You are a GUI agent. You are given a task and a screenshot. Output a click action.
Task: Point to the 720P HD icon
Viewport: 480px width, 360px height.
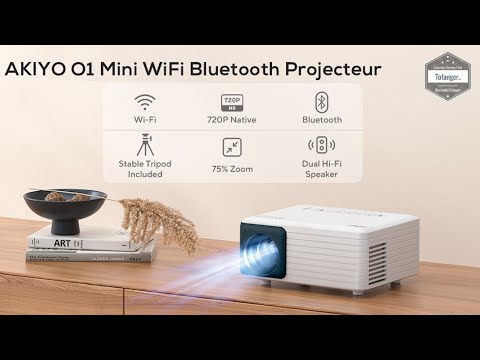pos(232,102)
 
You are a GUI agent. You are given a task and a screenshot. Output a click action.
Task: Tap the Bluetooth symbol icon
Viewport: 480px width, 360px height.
pos(322,102)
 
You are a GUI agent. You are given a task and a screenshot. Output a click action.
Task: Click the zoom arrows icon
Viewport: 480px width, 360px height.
pos(232,147)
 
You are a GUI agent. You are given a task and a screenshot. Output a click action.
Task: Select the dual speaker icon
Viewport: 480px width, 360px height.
pos(322,145)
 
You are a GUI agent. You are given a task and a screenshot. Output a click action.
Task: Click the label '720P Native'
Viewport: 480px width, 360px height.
pos(232,120)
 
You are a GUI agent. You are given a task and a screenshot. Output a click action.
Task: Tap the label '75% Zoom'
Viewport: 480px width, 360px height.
pos(232,168)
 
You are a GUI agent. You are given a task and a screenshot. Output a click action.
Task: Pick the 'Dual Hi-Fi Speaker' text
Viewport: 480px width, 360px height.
pos(322,169)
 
